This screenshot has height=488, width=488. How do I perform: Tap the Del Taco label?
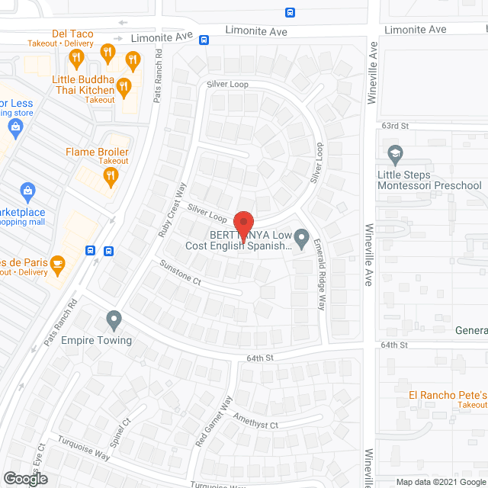tap(71, 34)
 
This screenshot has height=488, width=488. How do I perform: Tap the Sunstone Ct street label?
tap(180, 272)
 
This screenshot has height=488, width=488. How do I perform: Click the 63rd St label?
tap(396, 125)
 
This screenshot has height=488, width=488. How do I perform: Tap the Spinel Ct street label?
tap(120, 432)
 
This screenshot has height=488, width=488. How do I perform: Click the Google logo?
tap(24, 478)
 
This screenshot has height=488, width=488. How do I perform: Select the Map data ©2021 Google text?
tap(439, 482)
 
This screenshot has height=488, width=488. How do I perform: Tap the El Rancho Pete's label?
tap(447, 394)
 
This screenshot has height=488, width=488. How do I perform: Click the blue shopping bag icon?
tap(27, 190)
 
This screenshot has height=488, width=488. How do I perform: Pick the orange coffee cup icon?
tap(58, 265)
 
